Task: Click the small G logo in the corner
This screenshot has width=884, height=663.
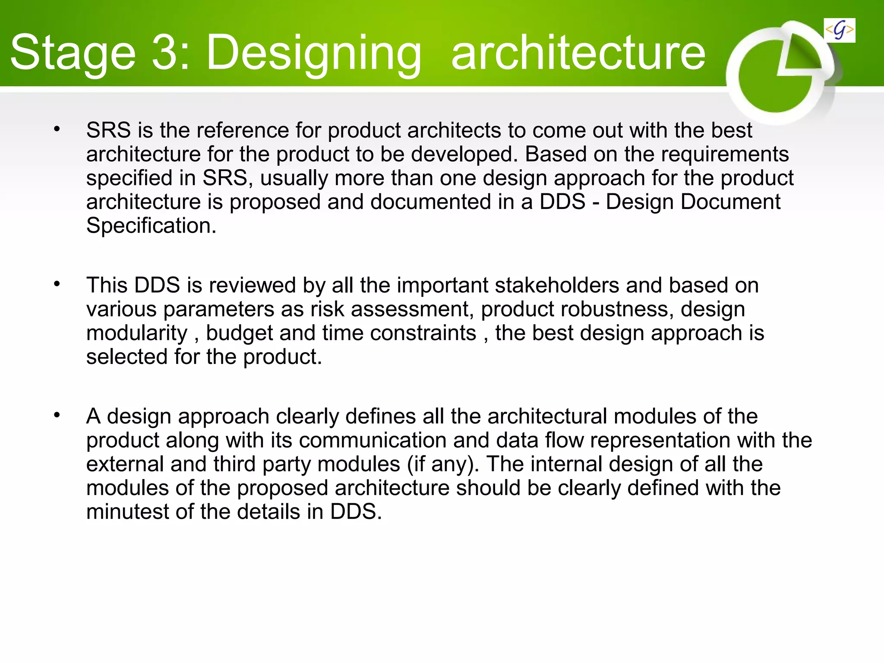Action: point(839,30)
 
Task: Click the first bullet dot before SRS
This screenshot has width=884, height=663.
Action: point(57,129)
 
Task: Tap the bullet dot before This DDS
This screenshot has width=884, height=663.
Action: point(57,284)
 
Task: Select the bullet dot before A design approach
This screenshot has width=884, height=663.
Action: point(57,415)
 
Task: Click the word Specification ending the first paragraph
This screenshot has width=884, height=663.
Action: point(151,226)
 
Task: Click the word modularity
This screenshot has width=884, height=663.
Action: point(137,333)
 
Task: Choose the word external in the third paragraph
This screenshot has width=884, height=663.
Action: point(125,464)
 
